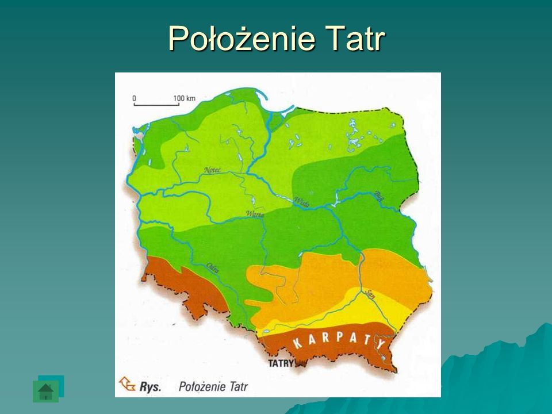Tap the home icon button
pos(46,391)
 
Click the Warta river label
pos(254,213)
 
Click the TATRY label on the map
pos(281,363)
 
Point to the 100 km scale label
pos(184,98)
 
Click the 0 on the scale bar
pos(134,98)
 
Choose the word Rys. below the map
pos(151,386)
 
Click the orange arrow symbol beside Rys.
pos(127,384)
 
